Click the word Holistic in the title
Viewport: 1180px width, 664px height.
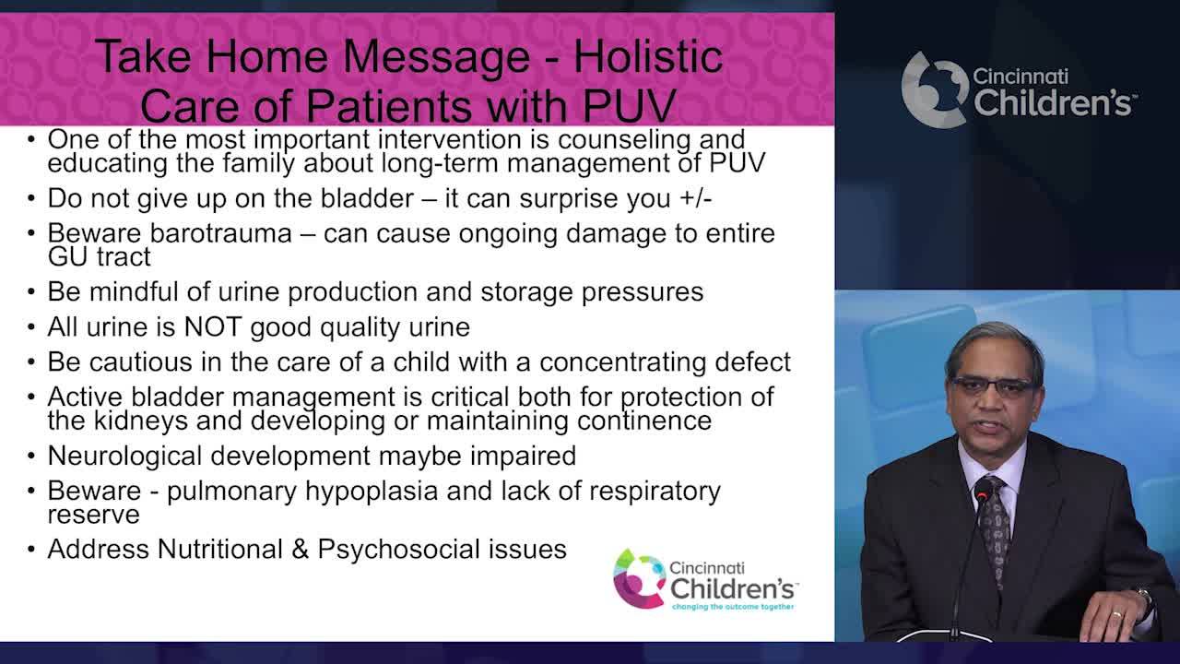647,57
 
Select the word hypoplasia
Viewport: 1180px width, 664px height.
378,491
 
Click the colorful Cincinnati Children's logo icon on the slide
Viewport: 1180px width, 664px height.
639,578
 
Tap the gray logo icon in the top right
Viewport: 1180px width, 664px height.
933,89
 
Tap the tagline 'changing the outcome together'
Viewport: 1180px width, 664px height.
733,608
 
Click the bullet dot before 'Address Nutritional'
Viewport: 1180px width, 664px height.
31,550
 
